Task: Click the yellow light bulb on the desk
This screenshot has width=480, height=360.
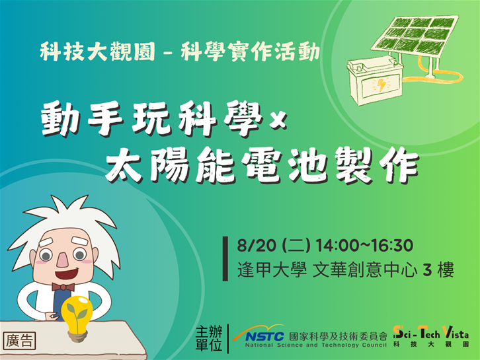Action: point(77,316)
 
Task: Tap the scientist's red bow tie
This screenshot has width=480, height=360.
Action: point(63,287)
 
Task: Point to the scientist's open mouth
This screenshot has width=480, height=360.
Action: point(66,273)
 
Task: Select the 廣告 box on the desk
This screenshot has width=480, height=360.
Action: point(19,341)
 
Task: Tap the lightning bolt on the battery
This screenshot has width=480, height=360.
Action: point(381,85)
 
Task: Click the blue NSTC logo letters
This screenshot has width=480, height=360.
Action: point(264,337)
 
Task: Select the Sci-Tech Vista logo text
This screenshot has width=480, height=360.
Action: point(430,333)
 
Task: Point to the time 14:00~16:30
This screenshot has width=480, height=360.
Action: point(364,245)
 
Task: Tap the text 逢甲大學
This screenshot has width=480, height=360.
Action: point(272,270)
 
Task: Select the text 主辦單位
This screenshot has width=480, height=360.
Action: point(209,338)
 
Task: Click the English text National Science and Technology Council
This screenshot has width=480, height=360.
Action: point(315,345)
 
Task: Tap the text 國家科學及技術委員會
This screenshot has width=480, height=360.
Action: point(339,336)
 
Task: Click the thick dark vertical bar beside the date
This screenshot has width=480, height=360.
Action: point(225,258)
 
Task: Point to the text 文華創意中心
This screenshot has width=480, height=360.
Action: point(365,270)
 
